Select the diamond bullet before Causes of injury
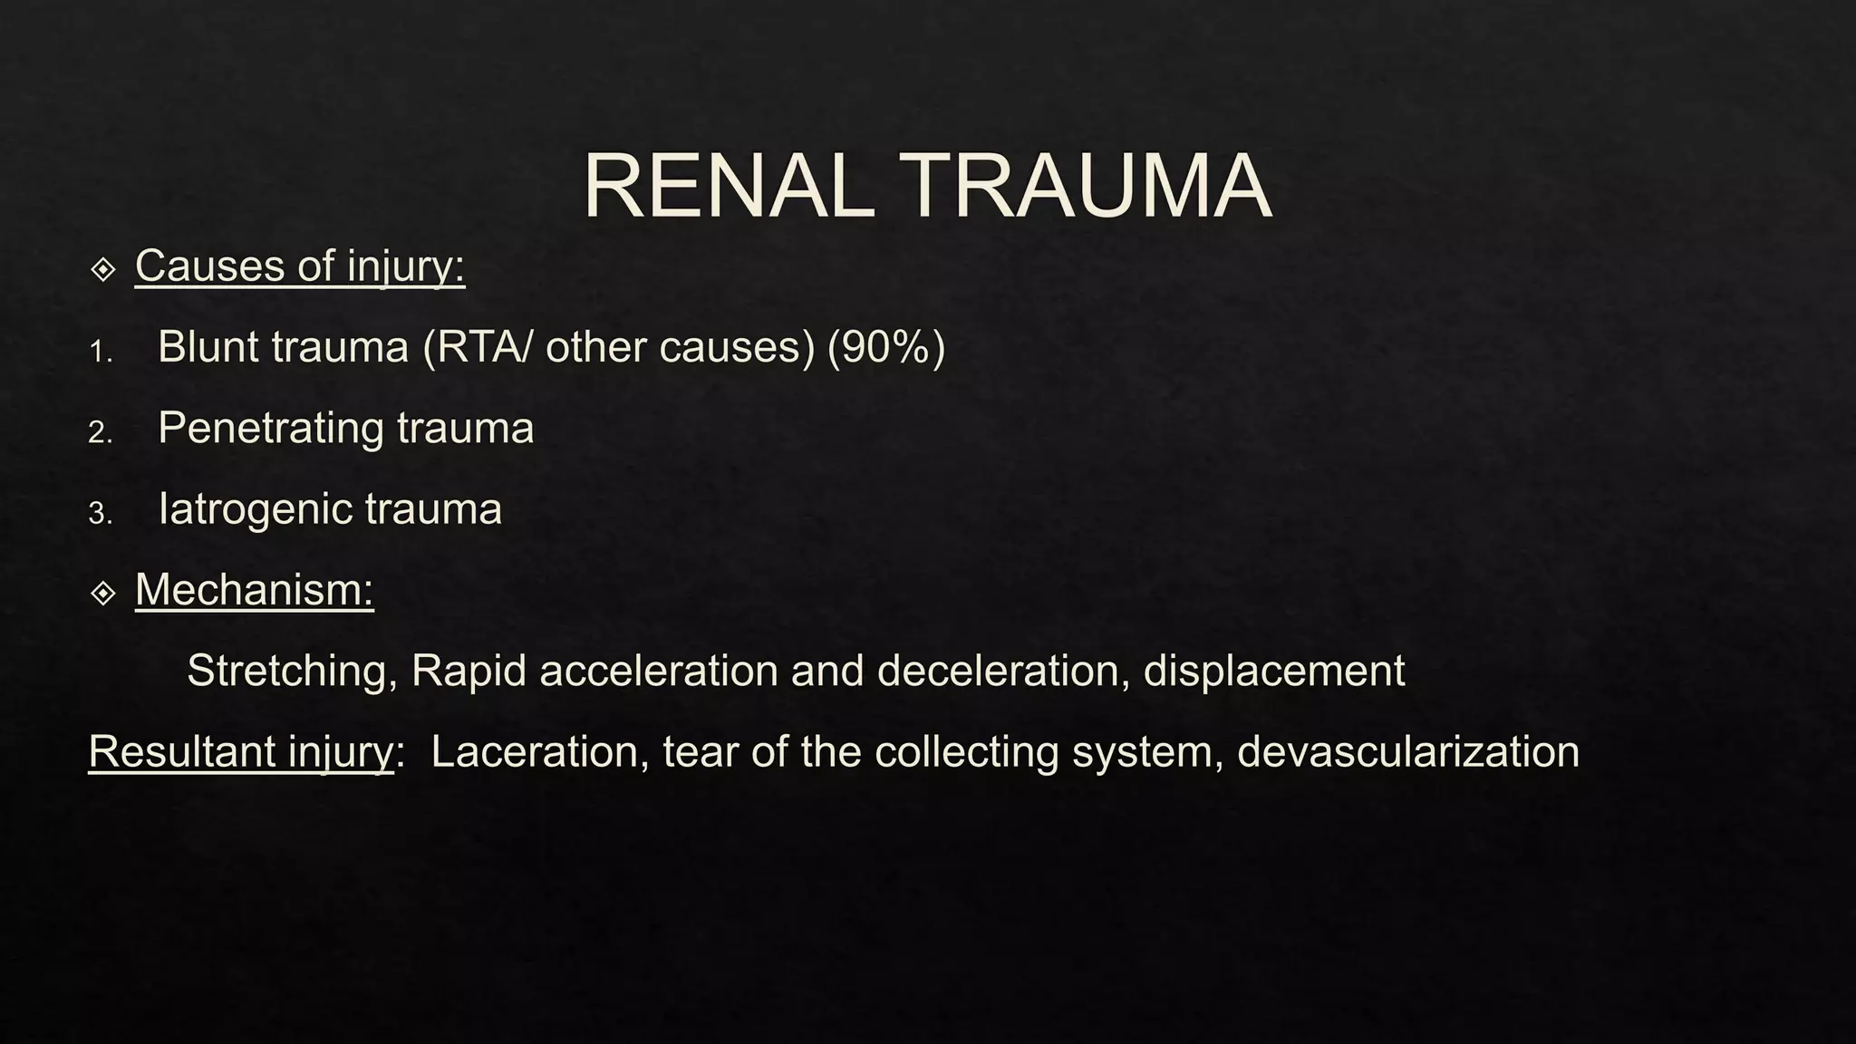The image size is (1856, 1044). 103,269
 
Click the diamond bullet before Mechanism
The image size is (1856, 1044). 103,594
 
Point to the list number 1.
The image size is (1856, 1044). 100,352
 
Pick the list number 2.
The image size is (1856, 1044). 100,432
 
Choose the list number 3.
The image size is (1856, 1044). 100,514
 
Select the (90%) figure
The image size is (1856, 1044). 885,347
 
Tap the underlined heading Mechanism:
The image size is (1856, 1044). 254,590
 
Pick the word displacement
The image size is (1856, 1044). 1273,672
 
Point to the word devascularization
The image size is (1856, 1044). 1407,752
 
